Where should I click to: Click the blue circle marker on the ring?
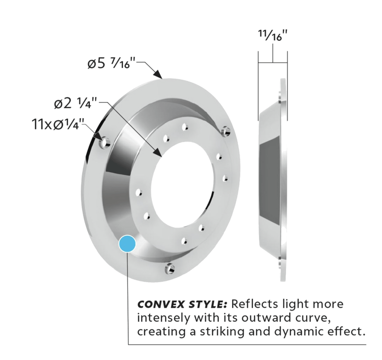[127, 244]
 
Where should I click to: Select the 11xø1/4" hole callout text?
[58, 123]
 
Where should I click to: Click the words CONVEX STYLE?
[182, 305]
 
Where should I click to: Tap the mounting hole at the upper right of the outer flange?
[226, 131]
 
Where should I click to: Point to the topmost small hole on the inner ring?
[185, 127]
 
